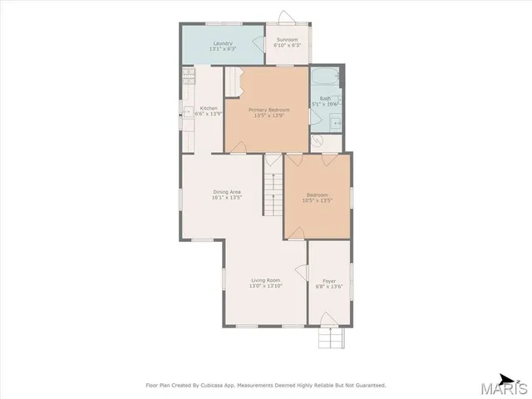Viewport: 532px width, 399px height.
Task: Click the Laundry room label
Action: [222, 42]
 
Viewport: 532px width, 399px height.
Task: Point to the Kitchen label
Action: [209, 108]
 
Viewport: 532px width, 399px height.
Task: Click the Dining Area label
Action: [226, 192]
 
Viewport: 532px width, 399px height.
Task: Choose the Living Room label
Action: [266, 280]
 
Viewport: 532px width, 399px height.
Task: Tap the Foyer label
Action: [329, 281]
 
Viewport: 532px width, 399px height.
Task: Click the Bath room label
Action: [324, 98]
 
